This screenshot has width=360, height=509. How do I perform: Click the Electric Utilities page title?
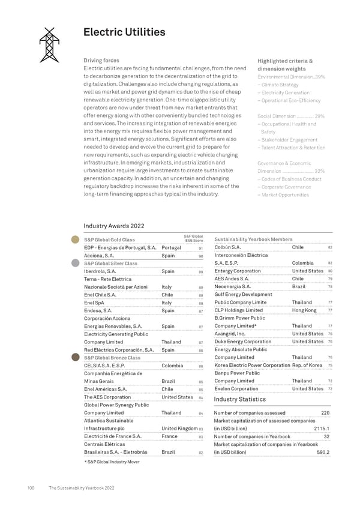click(125, 32)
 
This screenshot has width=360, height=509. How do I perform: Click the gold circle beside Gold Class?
click(76, 240)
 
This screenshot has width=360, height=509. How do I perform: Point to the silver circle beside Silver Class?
click(76, 263)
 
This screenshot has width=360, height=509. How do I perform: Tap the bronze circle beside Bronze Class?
click(76, 357)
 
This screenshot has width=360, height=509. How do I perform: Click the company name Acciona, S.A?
click(99, 255)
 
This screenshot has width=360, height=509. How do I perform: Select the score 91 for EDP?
click(200, 248)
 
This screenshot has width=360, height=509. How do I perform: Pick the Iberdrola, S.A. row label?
click(100, 271)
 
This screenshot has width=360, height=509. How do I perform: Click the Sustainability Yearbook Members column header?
click(253, 239)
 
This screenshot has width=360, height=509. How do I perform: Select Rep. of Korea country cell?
click(308, 365)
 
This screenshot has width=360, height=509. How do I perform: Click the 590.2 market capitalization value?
click(322, 452)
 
